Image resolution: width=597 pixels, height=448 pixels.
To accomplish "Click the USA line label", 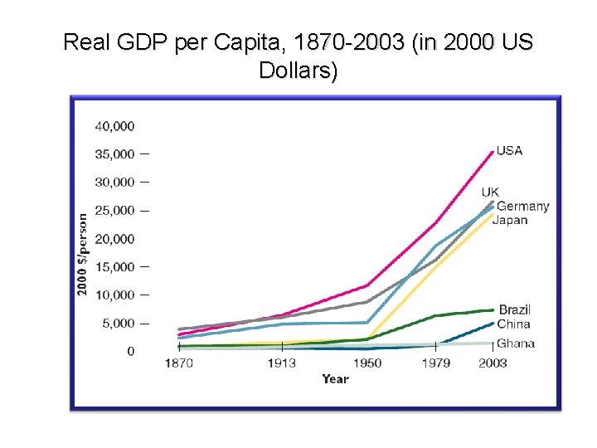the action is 509,151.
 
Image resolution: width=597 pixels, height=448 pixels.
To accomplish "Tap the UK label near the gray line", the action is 490,192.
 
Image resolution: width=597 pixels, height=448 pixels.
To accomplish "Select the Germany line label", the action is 523,206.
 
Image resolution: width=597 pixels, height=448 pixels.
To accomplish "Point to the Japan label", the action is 510,220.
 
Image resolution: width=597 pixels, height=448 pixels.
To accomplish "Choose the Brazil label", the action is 515,309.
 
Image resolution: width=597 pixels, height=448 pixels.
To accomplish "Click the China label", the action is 513,324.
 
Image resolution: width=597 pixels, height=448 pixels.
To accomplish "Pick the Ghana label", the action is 516,343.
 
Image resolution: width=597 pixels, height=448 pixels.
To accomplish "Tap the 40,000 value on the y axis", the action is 114,126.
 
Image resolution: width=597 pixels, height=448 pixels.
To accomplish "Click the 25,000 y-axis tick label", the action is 114,211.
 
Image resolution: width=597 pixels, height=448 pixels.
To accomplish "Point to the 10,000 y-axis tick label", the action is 114,295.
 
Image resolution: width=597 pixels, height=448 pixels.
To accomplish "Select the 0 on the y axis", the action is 131,351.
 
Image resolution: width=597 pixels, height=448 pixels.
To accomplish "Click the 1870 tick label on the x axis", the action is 179,363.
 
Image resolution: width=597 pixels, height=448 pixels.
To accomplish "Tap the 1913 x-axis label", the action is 282,363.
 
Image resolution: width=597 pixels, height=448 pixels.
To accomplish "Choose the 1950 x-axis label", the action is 367,363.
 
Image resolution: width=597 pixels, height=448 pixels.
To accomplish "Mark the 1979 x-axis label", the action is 436,363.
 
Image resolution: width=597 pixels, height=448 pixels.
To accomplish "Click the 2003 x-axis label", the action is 493,363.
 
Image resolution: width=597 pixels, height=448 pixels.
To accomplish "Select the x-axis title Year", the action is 336,379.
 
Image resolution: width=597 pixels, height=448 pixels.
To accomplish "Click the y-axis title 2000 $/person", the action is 82,255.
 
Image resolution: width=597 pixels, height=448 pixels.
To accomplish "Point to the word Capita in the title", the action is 248,42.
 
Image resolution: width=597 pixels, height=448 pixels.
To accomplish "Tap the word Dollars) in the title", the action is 298,71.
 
